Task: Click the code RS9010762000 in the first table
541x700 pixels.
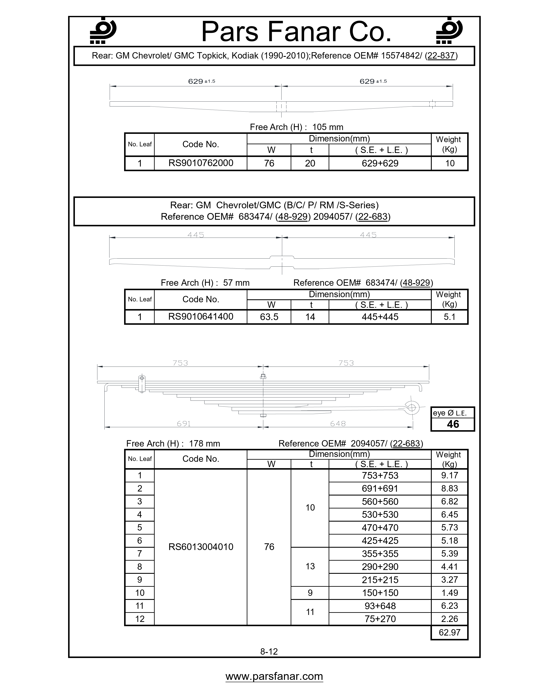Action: point(201,163)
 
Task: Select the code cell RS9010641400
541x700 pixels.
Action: point(201,317)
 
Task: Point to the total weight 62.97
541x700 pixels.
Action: point(449,632)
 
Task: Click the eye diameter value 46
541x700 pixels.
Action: point(453,424)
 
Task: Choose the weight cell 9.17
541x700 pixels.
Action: point(449,475)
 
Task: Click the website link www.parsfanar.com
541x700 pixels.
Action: point(274,676)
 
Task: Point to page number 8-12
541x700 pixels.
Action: point(269,651)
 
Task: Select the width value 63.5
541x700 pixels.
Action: point(269,317)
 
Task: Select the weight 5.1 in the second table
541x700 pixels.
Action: point(449,317)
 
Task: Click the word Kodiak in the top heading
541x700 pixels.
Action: point(245,56)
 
